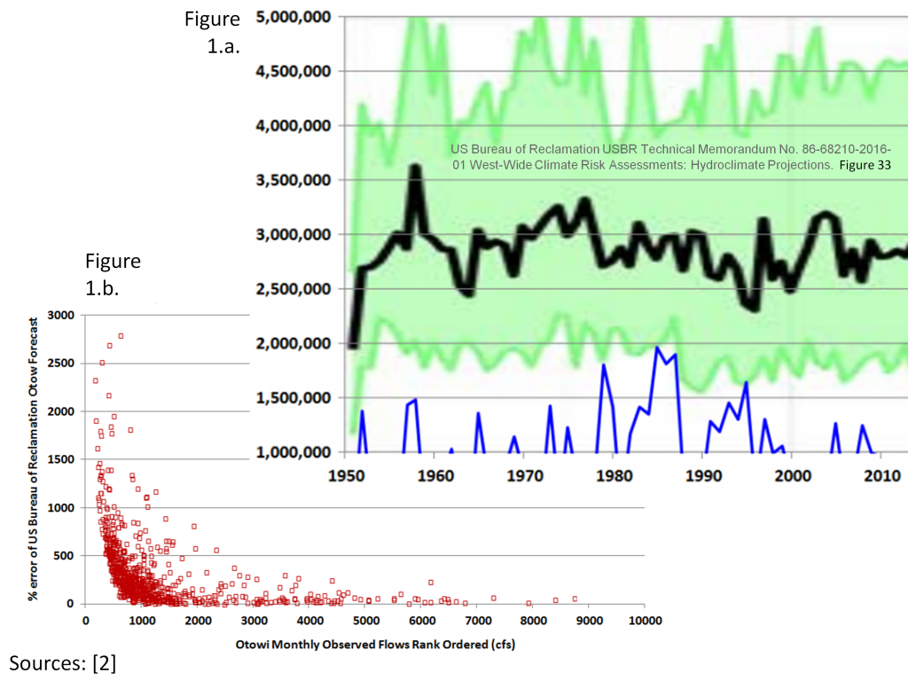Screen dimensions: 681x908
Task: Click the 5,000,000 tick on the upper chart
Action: (x=294, y=16)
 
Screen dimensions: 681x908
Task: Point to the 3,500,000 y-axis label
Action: (x=294, y=180)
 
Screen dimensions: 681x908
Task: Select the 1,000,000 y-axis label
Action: (x=294, y=452)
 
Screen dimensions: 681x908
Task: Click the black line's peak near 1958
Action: (x=415, y=168)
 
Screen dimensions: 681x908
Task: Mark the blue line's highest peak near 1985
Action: (x=657, y=348)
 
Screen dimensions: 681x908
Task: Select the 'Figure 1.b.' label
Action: (x=113, y=274)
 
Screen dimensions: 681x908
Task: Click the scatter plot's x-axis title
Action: (x=364, y=645)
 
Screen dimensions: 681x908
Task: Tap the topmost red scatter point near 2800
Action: (x=121, y=336)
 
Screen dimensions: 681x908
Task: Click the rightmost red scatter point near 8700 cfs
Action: (x=575, y=599)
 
